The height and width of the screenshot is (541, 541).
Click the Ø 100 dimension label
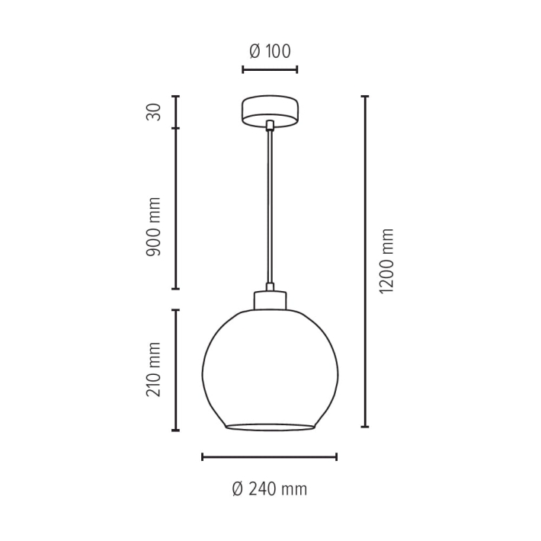pos(270,51)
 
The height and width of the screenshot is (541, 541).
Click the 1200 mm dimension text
pos(386,261)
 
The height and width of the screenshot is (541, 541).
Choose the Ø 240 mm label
pos(270,489)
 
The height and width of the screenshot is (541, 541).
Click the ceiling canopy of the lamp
pos(270,111)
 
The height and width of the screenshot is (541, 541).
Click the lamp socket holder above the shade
pos(270,300)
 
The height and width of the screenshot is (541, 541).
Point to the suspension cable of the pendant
pos(270,207)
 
